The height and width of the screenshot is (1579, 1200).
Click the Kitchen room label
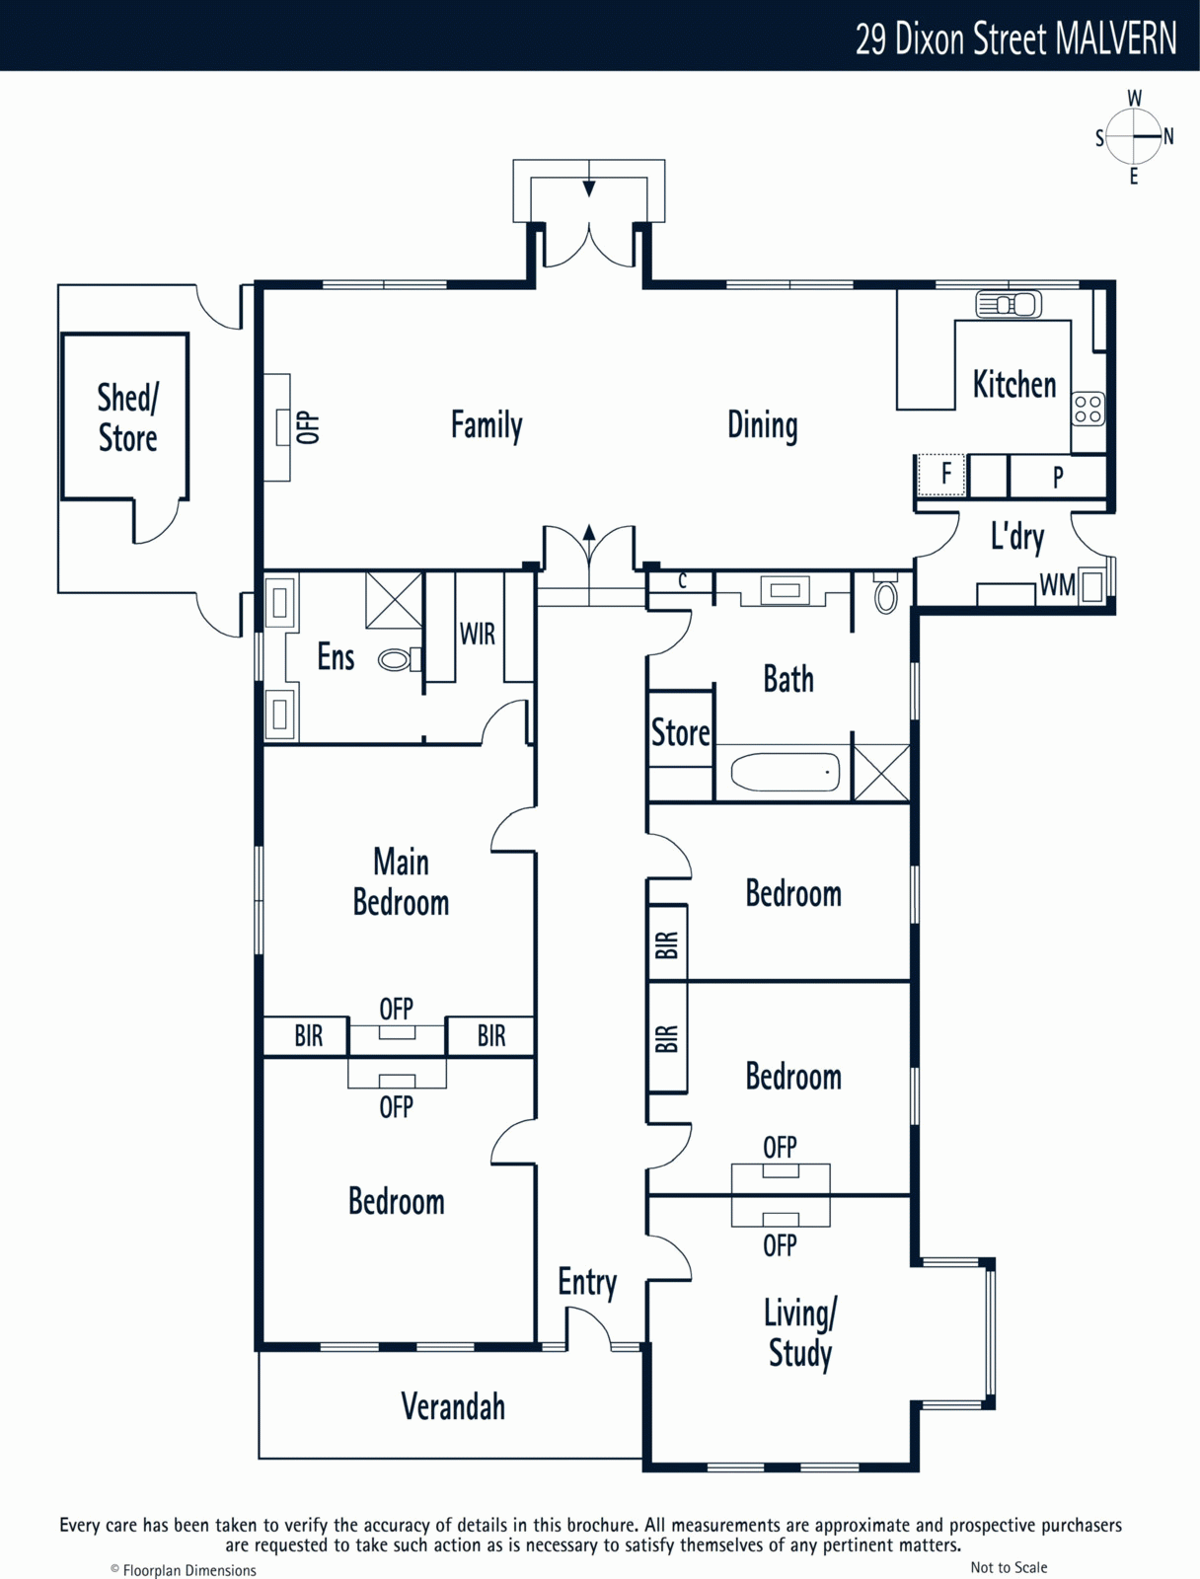click(x=1014, y=384)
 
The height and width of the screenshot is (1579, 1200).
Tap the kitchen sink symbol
click(x=1009, y=304)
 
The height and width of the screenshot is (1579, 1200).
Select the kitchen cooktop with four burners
click(x=1087, y=410)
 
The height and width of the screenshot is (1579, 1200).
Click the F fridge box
click(x=941, y=475)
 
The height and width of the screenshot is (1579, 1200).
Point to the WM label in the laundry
click(x=1058, y=585)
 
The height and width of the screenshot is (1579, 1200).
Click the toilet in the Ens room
click(x=399, y=659)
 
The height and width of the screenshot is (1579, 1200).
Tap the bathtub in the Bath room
click(x=786, y=773)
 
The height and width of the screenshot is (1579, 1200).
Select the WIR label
click(x=478, y=634)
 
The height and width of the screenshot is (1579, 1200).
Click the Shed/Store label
click(x=127, y=418)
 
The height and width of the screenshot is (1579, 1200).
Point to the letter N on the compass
click(x=1168, y=136)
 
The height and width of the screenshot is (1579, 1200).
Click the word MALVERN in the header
click(x=1116, y=39)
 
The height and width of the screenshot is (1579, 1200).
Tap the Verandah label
click(x=453, y=1406)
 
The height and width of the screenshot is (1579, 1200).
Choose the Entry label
click(x=587, y=1283)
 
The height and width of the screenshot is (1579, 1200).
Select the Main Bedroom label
click(x=401, y=882)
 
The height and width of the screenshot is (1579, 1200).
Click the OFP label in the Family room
click(x=308, y=427)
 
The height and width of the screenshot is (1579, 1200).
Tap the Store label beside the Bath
click(x=680, y=733)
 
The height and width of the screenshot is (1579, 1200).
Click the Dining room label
click(x=763, y=425)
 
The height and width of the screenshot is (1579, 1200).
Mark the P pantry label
click(x=1058, y=477)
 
